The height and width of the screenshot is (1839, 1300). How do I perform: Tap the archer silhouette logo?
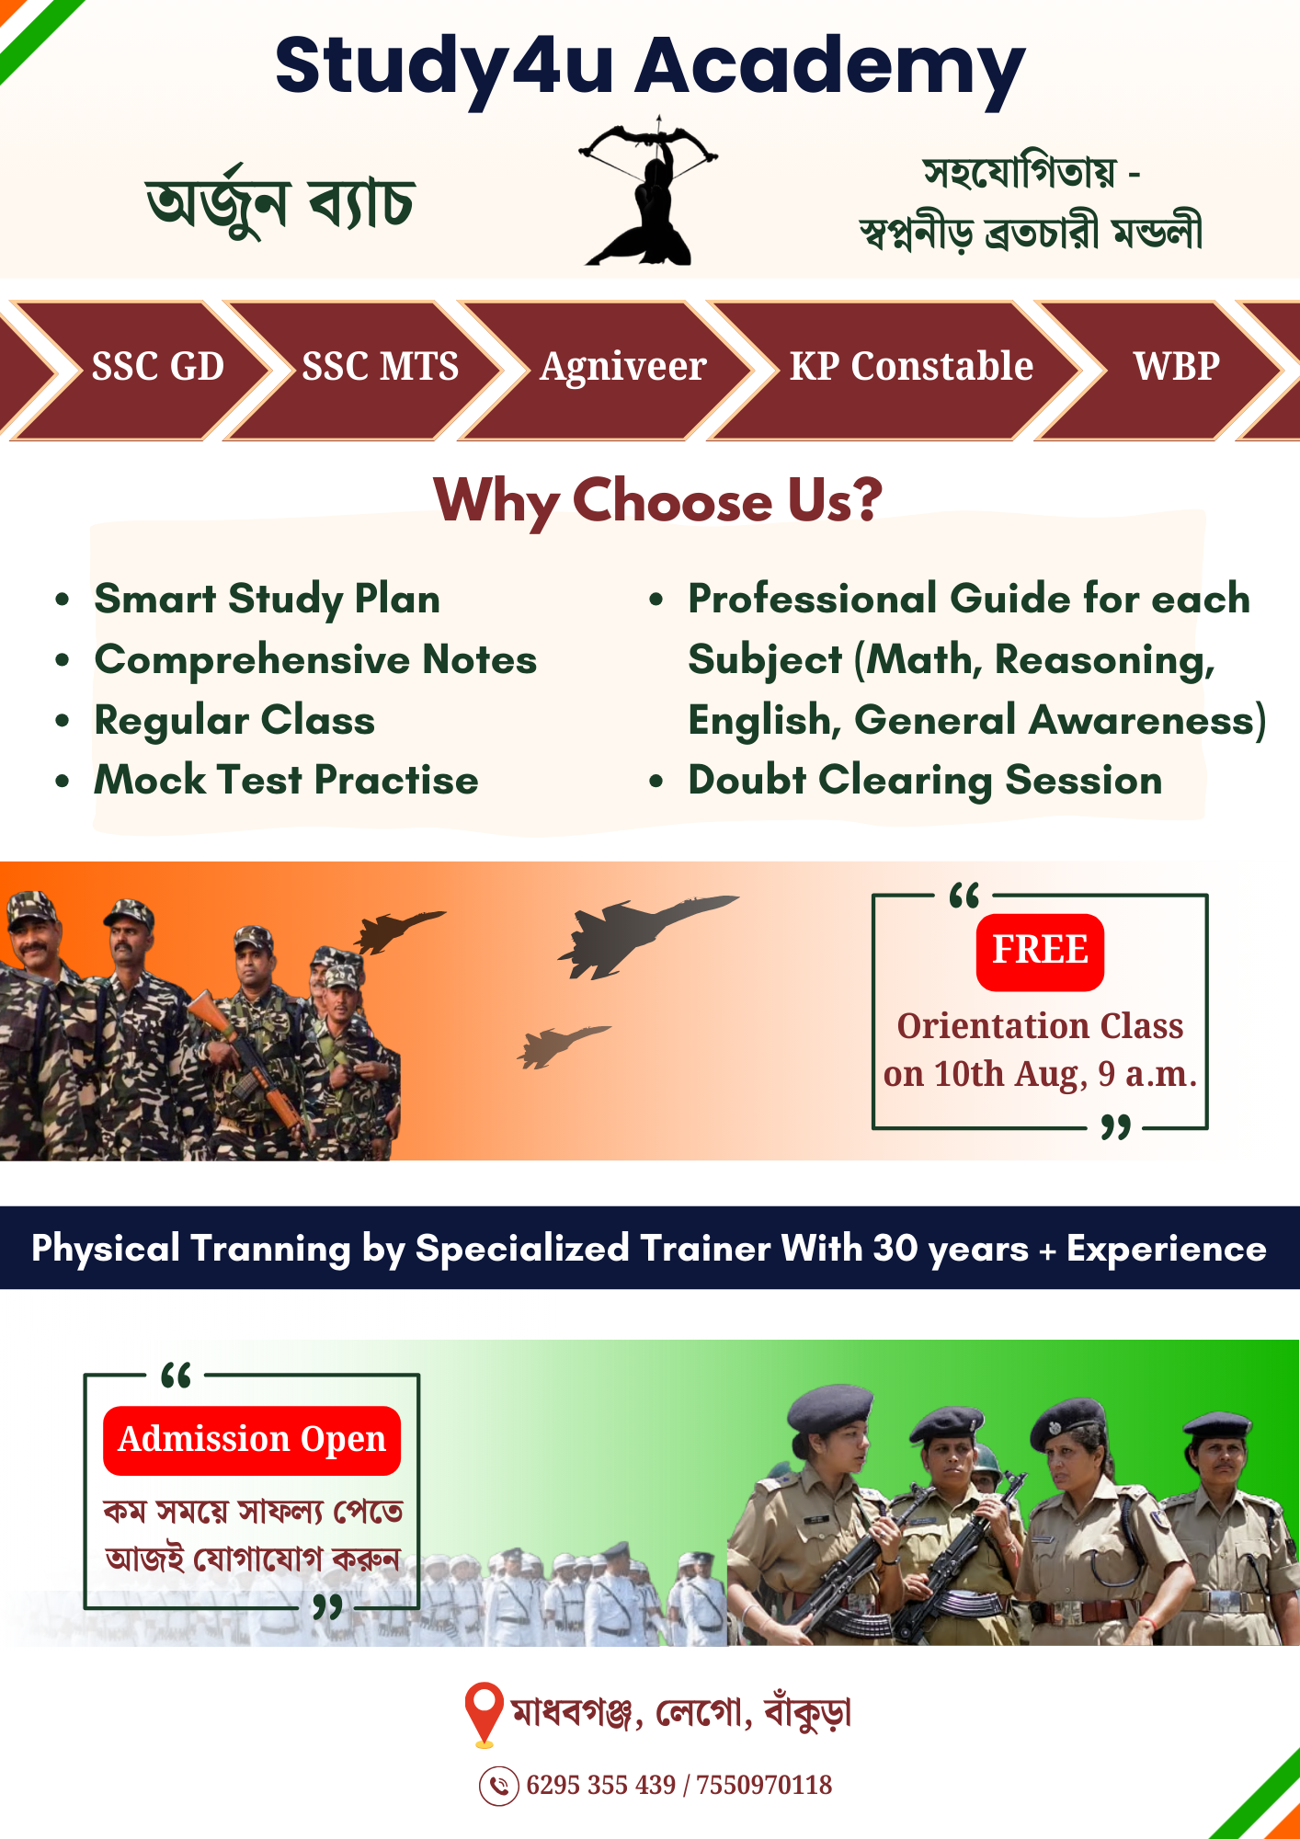point(648,191)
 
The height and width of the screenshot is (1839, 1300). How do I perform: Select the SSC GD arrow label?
point(158,367)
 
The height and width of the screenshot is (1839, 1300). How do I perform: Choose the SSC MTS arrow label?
point(381,367)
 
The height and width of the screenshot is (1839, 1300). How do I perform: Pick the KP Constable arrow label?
point(911,367)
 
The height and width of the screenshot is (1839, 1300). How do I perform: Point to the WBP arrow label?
point(1177,367)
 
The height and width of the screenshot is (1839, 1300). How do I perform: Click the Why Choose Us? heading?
point(657,501)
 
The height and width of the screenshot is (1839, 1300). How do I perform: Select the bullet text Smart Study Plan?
point(268,600)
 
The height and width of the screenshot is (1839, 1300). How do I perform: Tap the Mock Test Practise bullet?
point(287,780)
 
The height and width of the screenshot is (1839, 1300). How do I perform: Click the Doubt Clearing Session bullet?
point(925,781)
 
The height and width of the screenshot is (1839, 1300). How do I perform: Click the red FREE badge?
point(1040,952)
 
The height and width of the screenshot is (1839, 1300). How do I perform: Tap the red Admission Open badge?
point(252,1440)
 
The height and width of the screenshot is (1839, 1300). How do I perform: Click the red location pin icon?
point(484,1714)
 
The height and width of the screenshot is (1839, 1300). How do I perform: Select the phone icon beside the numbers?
point(499,1786)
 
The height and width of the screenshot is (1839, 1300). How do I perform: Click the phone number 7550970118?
point(764,1786)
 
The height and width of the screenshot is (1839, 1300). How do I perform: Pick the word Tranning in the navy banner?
point(271,1249)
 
